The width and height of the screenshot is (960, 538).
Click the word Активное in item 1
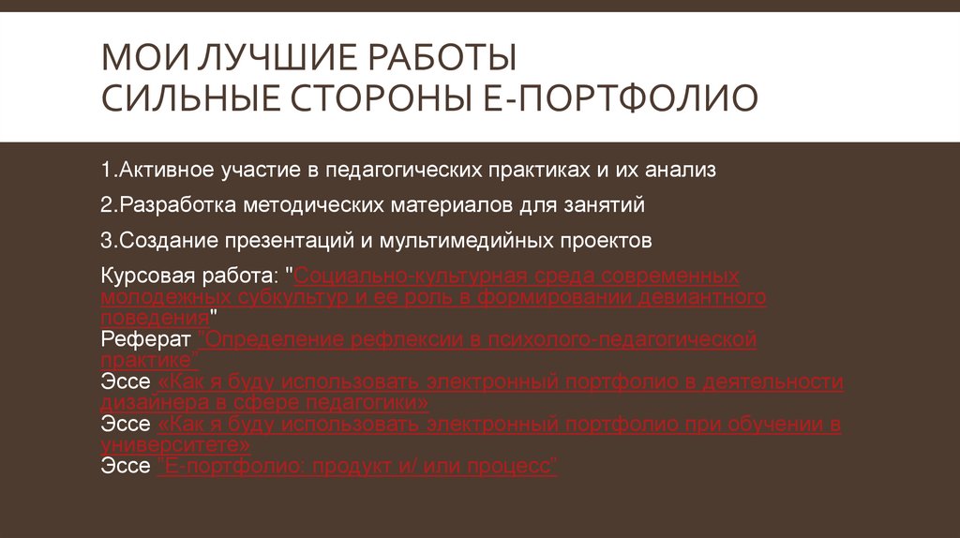pos(172,170)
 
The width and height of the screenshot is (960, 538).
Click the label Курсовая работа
pos(188,276)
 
